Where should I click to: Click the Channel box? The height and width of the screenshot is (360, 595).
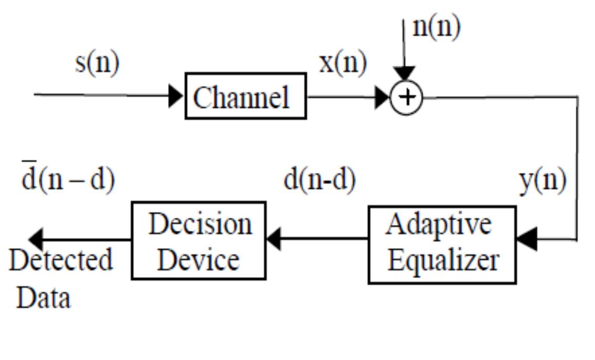pyautogui.click(x=245, y=96)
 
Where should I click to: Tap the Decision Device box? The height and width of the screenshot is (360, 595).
pyautogui.click(x=199, y=240)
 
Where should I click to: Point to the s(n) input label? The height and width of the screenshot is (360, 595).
pyautogui.click(x=97, y=63)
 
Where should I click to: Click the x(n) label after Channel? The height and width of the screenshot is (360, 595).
pyautogui.click(x=343, y=63)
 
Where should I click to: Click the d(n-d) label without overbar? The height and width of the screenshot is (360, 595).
pyautogui.click(x=319, y=180)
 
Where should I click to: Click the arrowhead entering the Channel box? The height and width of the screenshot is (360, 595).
pyautogui.click(x=176, y=97)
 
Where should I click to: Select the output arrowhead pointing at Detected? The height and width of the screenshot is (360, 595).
pyautogui.click(x=36, y=240)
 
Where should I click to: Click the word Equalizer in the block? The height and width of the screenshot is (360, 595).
pyautogui.click(x=442, y=261)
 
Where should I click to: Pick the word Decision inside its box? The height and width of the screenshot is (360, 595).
pyautogui.click(x=200, y=224)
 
